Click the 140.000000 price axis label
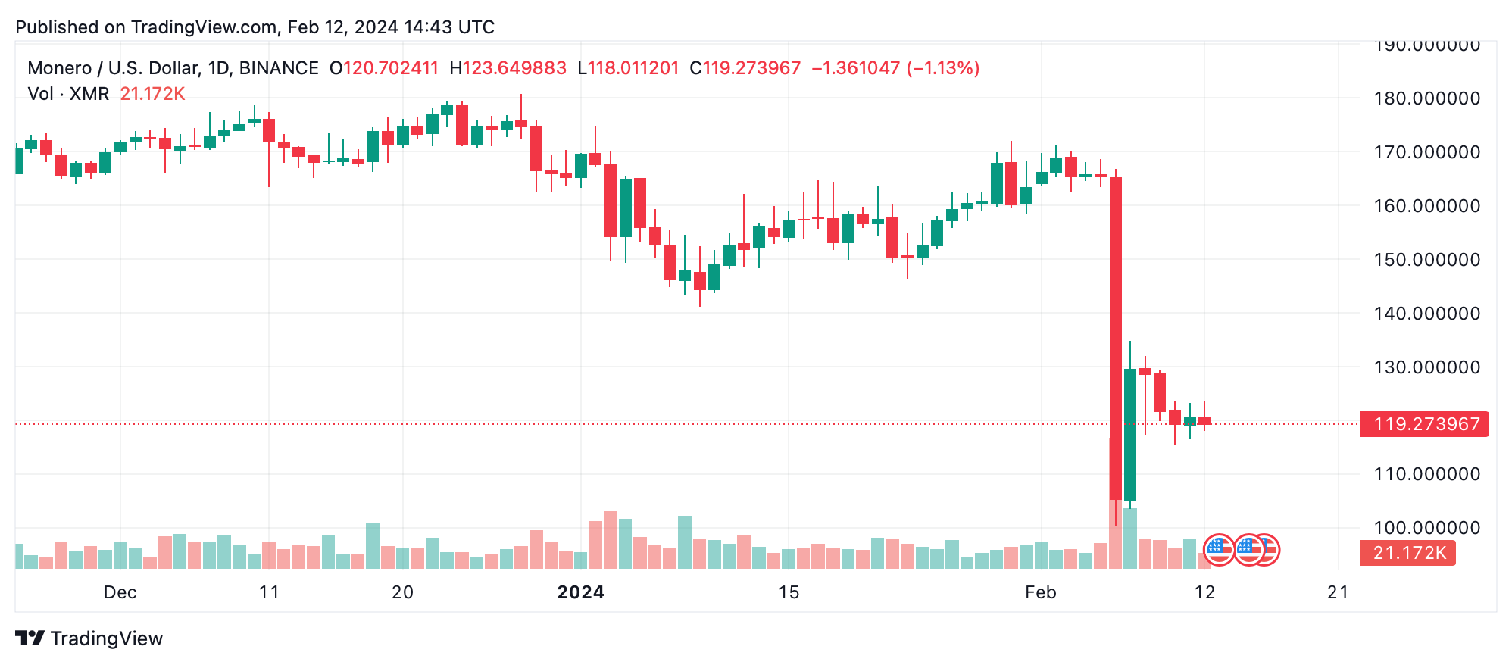tap(1426, 314)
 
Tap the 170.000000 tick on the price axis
tap(1426, 152)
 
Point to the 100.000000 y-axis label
tap(1426, 528)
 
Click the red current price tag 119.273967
tap(1424, 424)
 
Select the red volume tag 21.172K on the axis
tap(1408, 553)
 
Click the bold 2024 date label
tap(580, 592)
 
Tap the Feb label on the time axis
tap(1040, 592)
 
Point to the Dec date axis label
tap(120, 592)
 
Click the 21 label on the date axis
tap(1338, 592)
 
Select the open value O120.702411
tap(384, 68)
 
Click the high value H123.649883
tap(508, 68)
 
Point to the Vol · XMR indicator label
tap(68, 94)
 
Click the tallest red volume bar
tap(1115, 534)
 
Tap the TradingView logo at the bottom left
tap(89, 638)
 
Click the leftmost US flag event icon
tap(1219, 550)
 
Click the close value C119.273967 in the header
tap(745, 68)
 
